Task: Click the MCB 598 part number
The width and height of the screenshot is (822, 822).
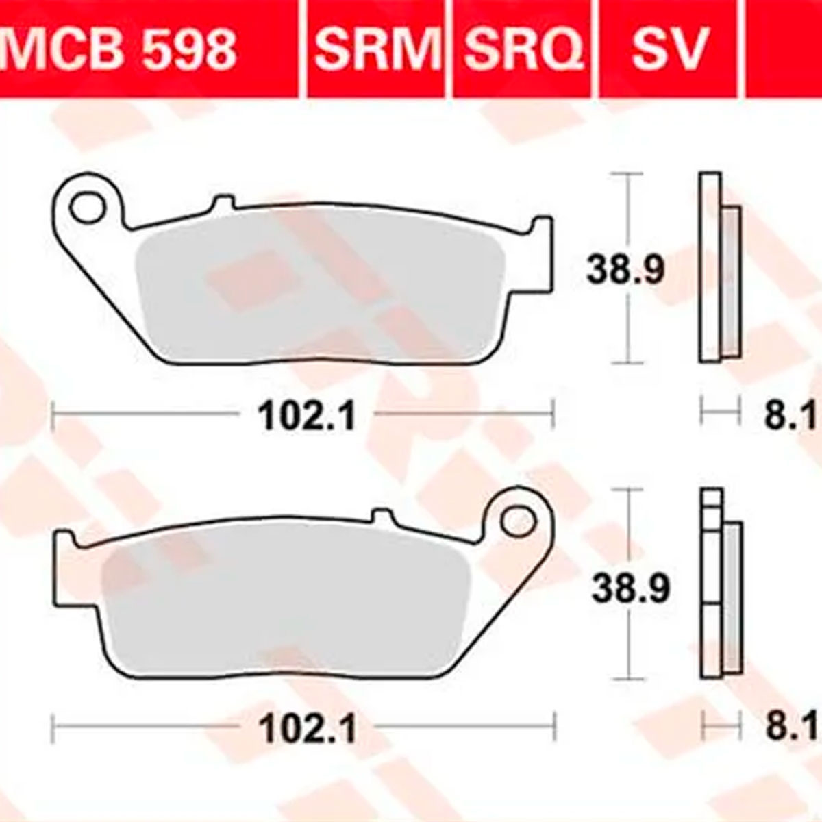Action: point(119,48)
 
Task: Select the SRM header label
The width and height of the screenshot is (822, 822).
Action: point(376,48)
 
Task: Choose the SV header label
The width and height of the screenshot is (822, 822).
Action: point(669,48)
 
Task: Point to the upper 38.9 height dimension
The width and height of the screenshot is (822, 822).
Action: point(625,270)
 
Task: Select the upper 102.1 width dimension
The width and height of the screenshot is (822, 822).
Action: point(306,415)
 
